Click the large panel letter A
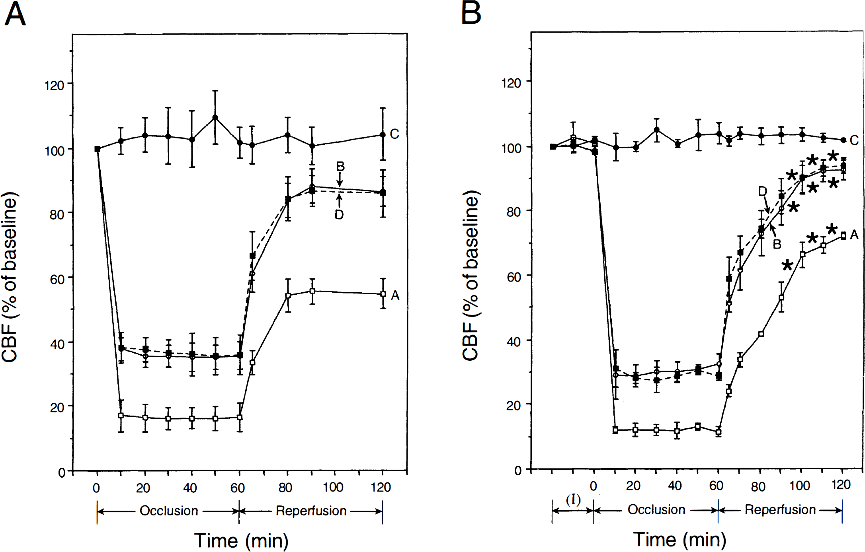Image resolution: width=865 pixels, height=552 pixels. coord(15,14)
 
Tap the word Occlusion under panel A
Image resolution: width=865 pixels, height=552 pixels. coord(169,510)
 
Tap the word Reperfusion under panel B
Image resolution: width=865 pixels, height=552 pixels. coord(780,509)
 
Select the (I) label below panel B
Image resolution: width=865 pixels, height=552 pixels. coord(573,500)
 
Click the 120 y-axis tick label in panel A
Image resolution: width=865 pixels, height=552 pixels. coord(54,86)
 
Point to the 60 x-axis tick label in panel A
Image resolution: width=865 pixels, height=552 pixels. coord(238,488)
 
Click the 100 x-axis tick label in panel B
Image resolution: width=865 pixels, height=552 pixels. coord(799,486)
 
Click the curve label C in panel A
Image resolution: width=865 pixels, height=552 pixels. coord(394,134)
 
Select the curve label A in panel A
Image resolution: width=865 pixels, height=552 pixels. coord(395,295)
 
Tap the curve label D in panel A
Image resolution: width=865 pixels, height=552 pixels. coord(339,215)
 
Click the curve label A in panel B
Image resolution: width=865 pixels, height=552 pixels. coord(854,235)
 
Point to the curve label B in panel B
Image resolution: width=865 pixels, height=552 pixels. coord(777,244)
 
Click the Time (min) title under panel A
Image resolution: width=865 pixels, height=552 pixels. coord(241,540)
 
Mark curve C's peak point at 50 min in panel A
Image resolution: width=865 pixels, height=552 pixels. coord(215,117)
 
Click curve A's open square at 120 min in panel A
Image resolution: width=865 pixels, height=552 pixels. coord(383,294)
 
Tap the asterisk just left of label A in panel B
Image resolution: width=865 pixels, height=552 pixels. coord(832,229)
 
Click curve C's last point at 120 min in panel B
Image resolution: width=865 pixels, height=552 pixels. coord(843,140)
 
